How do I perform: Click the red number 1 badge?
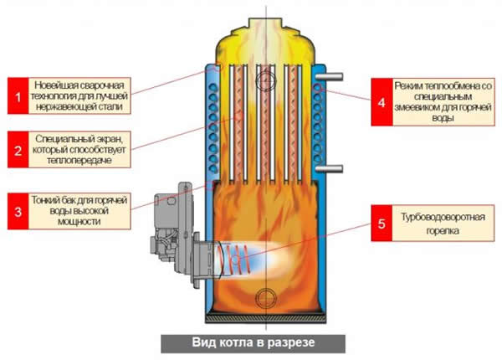point(15,97)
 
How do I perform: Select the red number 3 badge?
point(15,211)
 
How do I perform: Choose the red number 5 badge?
point(381,224)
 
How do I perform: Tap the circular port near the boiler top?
point(266,79)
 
